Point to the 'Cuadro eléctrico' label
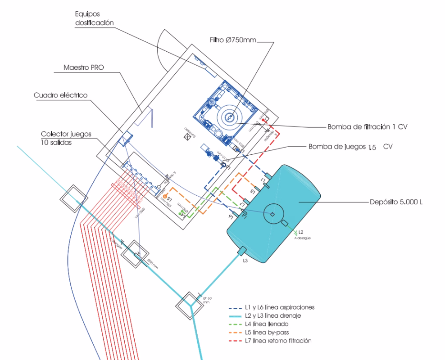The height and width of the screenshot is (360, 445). pos(60,95)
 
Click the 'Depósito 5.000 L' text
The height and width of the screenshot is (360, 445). pos(395,202)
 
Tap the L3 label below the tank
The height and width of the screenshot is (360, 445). pos(245,261)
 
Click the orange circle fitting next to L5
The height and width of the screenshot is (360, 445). pos(165,197)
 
